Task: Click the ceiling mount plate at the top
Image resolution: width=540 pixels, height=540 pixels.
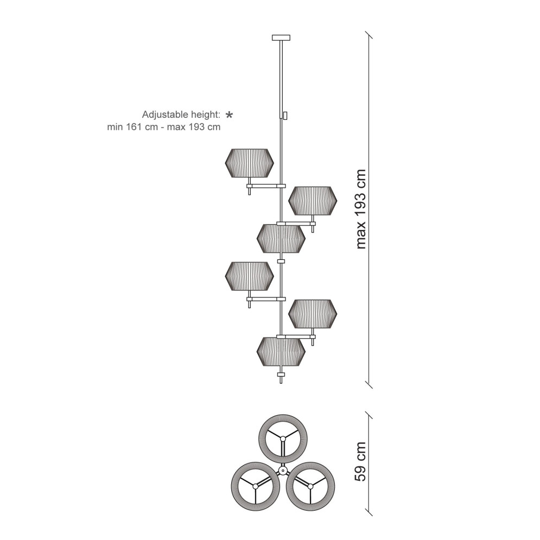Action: click(281, 37)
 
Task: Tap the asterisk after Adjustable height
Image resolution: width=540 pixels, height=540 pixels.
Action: click(229, 115)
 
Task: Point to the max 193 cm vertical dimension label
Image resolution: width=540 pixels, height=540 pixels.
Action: click(360, 209)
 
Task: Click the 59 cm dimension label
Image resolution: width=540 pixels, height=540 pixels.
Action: click(360, 461)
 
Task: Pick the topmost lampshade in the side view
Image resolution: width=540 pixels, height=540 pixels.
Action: click(249, 163)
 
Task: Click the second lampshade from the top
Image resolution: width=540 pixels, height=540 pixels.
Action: click(313, 201)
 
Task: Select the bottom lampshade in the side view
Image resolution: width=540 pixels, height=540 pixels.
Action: click(281, 352)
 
